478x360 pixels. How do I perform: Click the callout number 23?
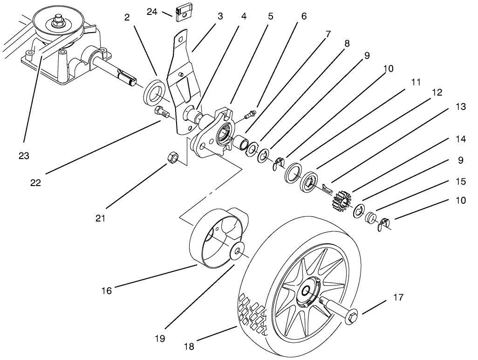pyautogui.click(x=24, y=156)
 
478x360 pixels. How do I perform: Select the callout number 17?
pyautogui.click(x=398, y=297)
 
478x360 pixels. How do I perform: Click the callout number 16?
pyautogui.click(x=107, y=291)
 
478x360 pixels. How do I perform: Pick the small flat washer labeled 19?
pyautogui.click(x=238, y=251)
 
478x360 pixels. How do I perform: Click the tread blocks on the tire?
pyautogui.click(x=254, y=313)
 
